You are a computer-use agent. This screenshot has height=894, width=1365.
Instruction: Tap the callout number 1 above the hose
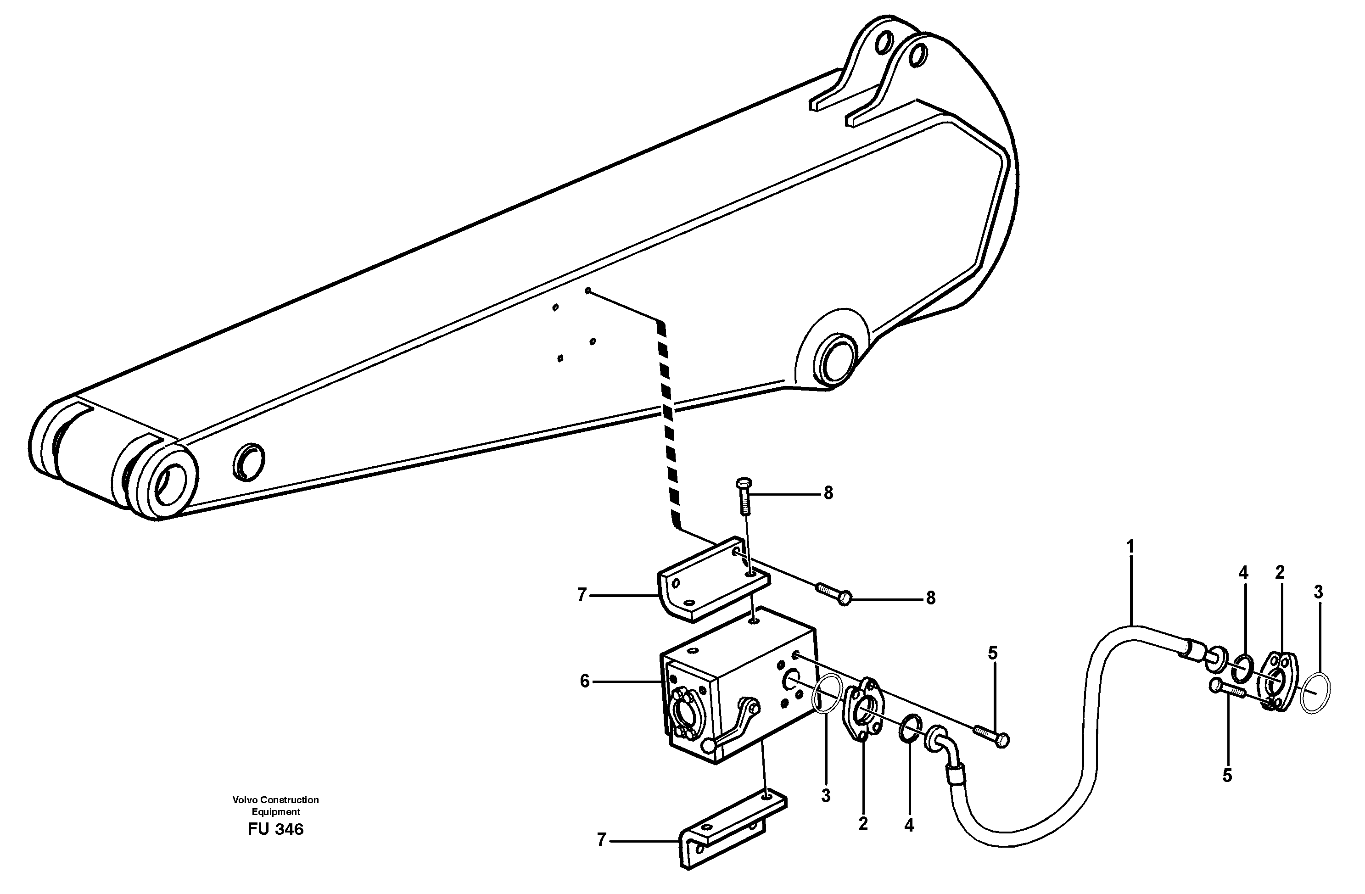pos(1130,547)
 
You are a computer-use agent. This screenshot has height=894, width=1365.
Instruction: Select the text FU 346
pos(275,829)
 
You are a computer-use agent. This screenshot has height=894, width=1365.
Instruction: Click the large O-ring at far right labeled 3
pos(1316,693)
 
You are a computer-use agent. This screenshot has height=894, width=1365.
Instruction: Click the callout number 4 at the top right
pos(1243,573)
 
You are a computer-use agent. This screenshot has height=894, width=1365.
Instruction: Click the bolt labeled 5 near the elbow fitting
pos(991,735)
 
